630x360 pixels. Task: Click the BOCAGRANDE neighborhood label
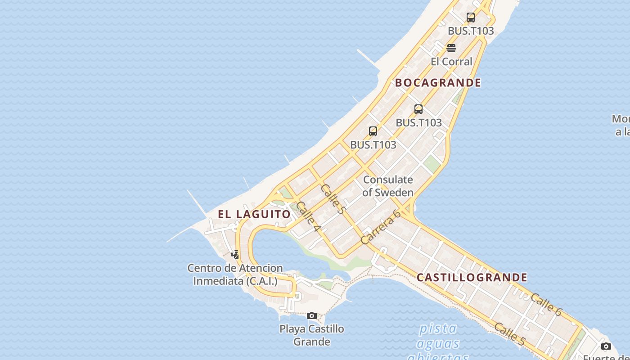pyautogui.click(x=438, y=83)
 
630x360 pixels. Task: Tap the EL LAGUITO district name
pyautogui.click(x=254, y=214)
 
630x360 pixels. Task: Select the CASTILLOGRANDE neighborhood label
pyautogui.click(x=472, y=277)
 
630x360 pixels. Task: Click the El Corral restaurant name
pyautogui.click(x=451, y=62)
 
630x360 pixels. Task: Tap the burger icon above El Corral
pyautogui.click(x=451, y=48)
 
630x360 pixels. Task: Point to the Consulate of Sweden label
pyautogui.click(x=387, y=186)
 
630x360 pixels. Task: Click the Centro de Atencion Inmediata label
pyautogui.click(x=235, y=274)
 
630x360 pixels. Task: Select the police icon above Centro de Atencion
pyautogui.click(x=235, y=255)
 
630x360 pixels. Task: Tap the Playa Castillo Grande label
pyautogui.click(x=312, y=335)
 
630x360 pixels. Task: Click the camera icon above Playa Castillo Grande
pyautogui.click(x=312, y=315)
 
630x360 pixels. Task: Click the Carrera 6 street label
pyautogui.click(x=381, y=227)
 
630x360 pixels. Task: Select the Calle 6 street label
pyautogui.click(x=546, y=305)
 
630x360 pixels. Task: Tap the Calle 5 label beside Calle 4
pyautogui.click(x=333, y=198)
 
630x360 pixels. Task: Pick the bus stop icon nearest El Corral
pyautogui.click(x=470, y=18)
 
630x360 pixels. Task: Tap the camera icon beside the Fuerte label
pyautogui.click(x=606, y=346)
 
